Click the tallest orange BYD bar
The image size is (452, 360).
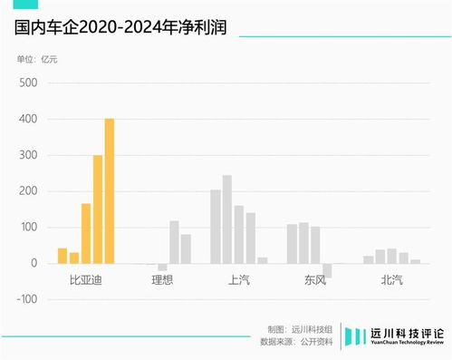click(x=110, y=190)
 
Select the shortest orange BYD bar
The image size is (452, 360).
click(x=74, y=258)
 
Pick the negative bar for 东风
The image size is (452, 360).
click(x=327, y=270)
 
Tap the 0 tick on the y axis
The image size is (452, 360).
click(x=34, y=263)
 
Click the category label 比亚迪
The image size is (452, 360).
click(x=86, y=280)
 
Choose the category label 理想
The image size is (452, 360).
click(x=162, y=280)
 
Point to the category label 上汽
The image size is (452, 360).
click(x=239, y=280)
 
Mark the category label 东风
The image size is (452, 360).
click(x=315, y=280)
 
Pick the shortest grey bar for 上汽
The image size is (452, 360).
click(x=263, y=260)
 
